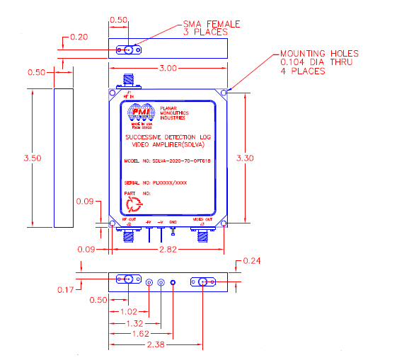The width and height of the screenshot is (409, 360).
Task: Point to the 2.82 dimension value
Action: pos(168,250)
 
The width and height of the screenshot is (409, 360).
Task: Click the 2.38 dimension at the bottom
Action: pos(168,346)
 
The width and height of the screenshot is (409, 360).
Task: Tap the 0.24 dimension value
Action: pos(253,262)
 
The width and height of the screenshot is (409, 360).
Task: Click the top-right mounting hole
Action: pos(224,93)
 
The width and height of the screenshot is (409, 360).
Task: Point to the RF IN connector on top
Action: pos(129,80)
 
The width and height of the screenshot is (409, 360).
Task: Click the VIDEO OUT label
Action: pos(203,221)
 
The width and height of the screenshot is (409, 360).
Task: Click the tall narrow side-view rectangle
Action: pos(63,158)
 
